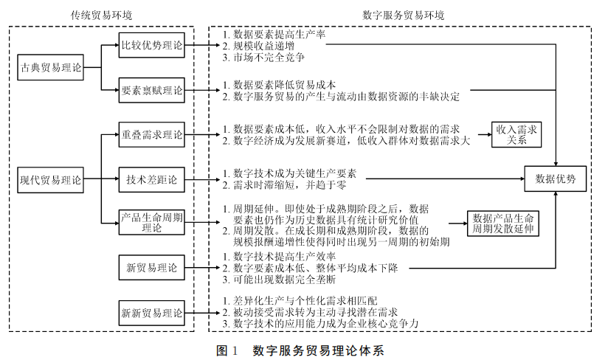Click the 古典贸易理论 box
51,69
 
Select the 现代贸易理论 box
51,179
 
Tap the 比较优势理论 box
151,45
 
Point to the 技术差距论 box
151,178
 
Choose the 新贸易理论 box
151,267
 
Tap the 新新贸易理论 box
151,313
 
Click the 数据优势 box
555,179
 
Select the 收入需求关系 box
517,135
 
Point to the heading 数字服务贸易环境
403,15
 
